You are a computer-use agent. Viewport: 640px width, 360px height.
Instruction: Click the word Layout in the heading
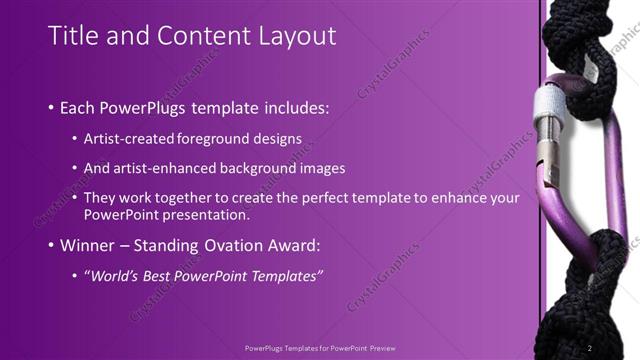(x=296, y=37)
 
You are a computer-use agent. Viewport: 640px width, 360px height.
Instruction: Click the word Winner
(x=92, y=245)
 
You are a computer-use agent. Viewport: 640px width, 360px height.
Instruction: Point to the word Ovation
(x=243, y=245)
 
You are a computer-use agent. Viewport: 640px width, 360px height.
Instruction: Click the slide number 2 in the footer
(x=589, y=348)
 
